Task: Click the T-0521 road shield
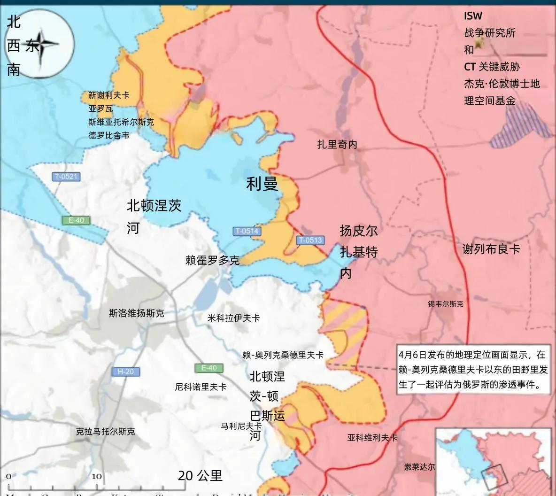pos(66,177)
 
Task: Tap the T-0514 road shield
pos(247,231)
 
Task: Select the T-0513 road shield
pos(310,240)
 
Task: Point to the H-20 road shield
pos(125,372)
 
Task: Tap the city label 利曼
pos(262,184)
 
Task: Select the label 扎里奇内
pos(337,144)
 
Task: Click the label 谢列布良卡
pos(491,249)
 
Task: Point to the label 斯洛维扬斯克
pos(136,313)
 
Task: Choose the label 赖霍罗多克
pos(212,260)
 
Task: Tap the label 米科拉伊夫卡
pos(233,318)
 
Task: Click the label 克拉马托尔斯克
pos(105,431)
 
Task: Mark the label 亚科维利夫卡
pos(372,437)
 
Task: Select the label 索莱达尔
pos(419,467)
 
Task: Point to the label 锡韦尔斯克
pos(445,304)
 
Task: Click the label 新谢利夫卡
pos(108,95)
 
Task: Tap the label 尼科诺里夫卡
pos(201,387)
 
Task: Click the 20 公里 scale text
pos(200,475)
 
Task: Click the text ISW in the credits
pos(473,15)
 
